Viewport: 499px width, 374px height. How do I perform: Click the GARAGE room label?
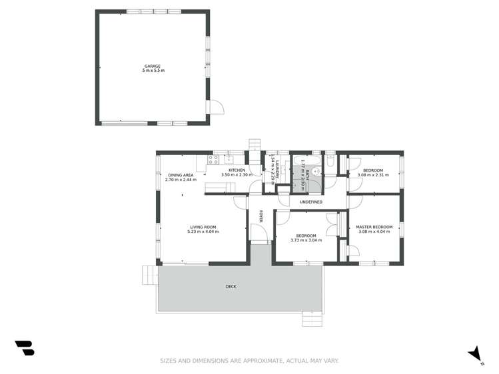coord(153,66)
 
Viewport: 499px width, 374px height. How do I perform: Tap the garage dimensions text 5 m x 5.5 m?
coord(153,70)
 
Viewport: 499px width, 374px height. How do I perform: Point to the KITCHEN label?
coord(237,170)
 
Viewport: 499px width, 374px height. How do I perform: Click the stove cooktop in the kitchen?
coord(214,159)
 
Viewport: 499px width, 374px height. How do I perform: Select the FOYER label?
coord(261,217)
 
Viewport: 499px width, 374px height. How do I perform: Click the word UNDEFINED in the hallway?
coord(310,202)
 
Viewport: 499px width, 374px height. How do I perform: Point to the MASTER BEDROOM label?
coord(374,228)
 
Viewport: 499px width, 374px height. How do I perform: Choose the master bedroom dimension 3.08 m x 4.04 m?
coord(374,232)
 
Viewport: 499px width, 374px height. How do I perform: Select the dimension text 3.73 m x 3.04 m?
coord(306,240)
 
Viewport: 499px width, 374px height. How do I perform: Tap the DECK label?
coord(231,287)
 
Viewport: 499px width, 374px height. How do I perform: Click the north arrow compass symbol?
coord(474,354)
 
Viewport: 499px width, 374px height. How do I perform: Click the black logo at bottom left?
coord(25,348)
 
